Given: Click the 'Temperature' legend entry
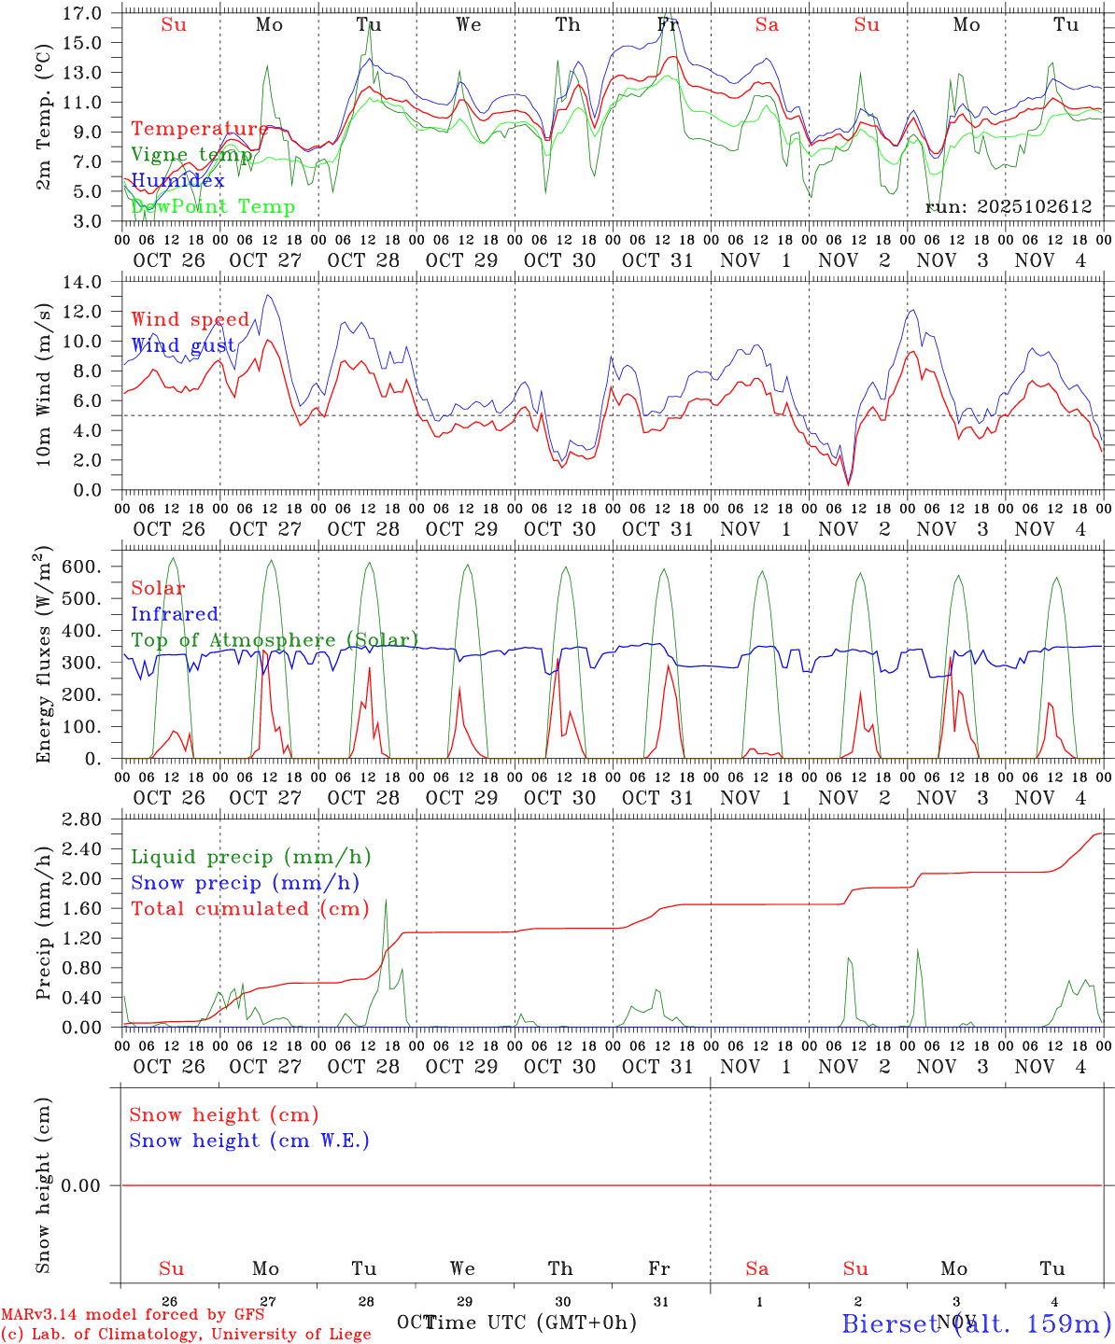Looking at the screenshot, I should (x=199, y=129).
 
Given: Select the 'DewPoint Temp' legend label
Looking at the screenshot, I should (x=213, y=206).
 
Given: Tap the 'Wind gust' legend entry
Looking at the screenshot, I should (x=183, y=345).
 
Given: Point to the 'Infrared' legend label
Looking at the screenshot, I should (x=175, y=614).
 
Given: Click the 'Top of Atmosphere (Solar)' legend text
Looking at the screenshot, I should (x=275, y=640).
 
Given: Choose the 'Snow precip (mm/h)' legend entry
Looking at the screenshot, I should (x=245, y=883).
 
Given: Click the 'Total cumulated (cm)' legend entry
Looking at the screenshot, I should (x=249, y=908).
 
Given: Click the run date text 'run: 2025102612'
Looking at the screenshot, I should (x=1008, y=207).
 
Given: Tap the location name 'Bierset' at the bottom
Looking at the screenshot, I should (x=889, y=1323).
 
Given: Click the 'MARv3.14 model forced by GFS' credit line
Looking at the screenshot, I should (x=133, y=1315).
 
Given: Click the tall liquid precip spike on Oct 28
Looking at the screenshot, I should (x=386, y=902).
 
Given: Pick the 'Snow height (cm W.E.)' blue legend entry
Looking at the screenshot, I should (x=249, y=1141).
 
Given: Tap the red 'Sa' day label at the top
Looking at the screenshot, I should (x=767, y=25).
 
